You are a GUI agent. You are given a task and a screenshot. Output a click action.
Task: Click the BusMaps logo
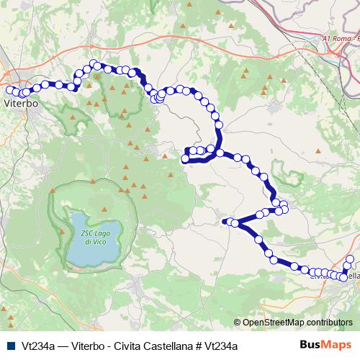tap(325, 345)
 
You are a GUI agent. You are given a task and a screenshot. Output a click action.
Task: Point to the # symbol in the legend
tap(197, 345)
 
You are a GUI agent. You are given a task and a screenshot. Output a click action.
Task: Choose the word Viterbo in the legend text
tap(86, 345)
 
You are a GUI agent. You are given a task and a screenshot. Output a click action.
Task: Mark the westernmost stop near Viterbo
tap(9, 90)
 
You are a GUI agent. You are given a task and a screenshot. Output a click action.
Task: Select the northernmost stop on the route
tap(96, 65)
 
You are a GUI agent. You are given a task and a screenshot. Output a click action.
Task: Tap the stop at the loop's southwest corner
tap(189, 160)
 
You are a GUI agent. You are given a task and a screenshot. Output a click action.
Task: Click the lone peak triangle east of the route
tap(317, 152)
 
